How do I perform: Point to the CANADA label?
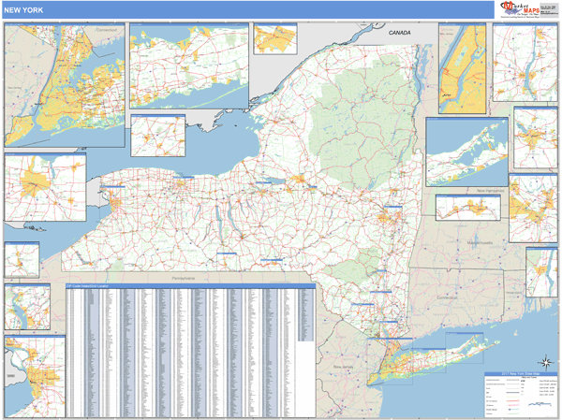[x=399, y=33]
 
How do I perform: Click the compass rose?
[x=543, y=362]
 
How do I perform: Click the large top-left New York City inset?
[x=64, y=84]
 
